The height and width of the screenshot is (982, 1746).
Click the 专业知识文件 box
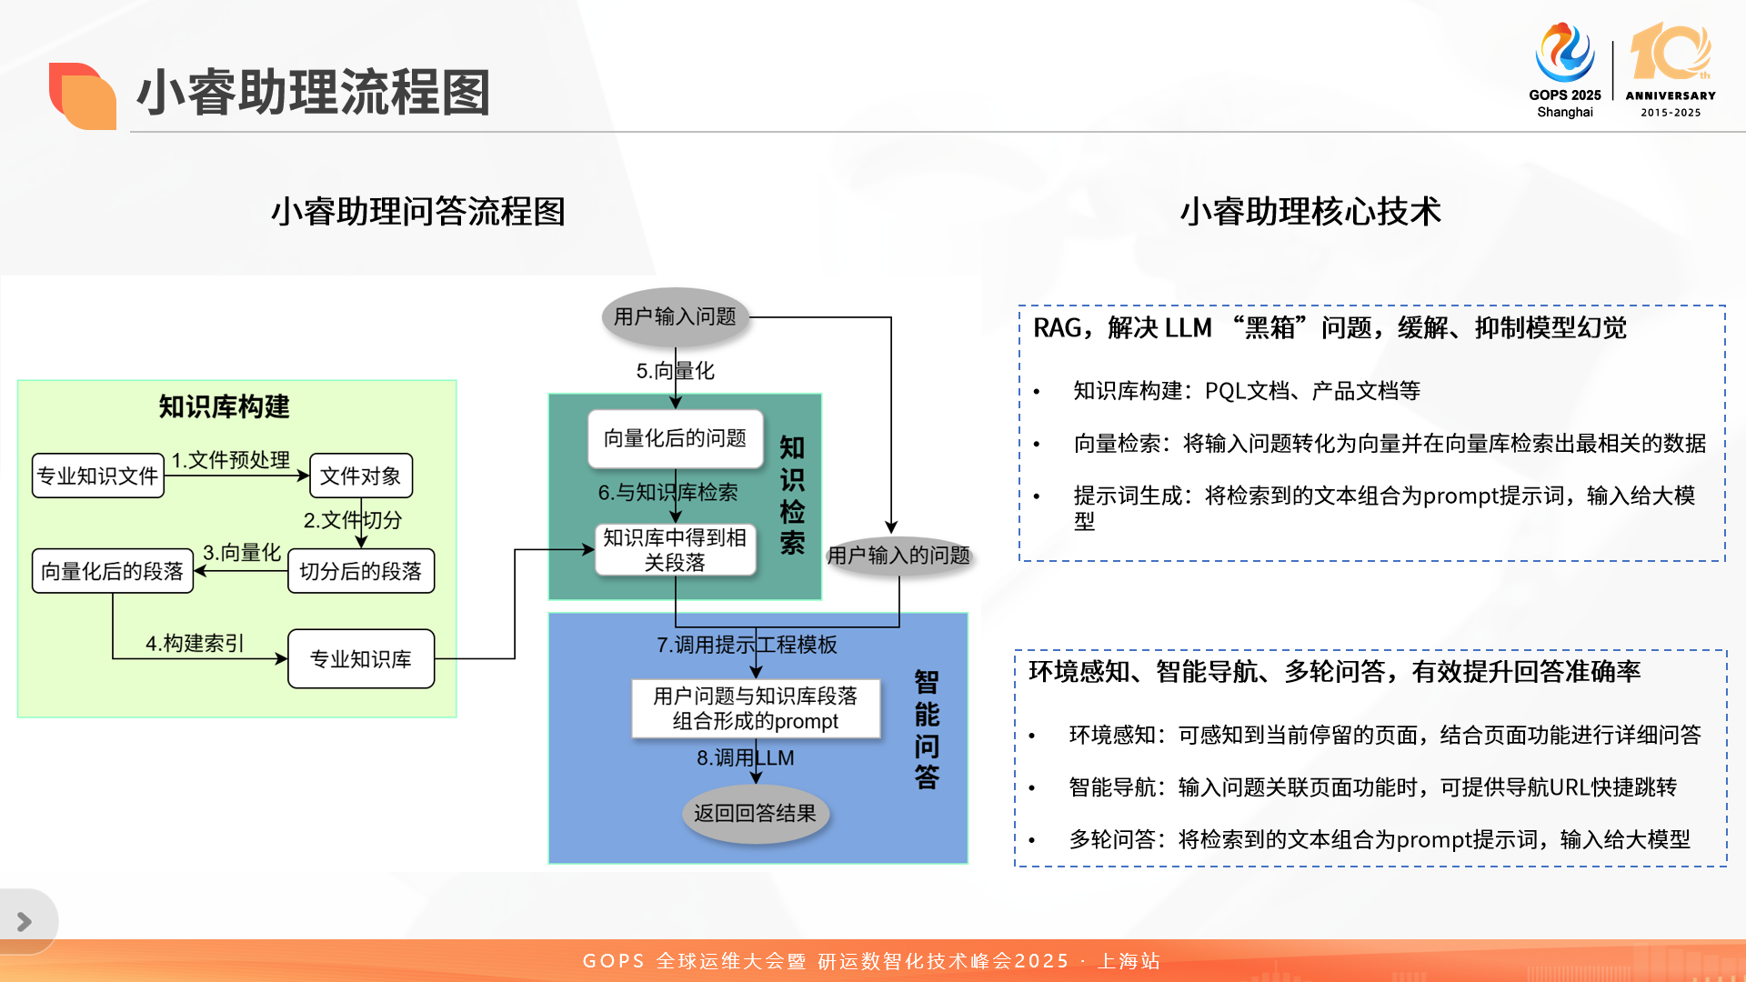click(x=98, y=476)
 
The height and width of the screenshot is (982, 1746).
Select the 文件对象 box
click(x=361, y=476)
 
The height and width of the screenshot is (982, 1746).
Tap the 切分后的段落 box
click(x=361, y=571)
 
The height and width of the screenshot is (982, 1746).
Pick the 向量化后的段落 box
click(x=113, y=571)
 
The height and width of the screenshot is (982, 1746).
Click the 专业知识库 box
click(x=361, y=658)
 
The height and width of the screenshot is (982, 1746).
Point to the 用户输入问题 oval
click(x=675, y=316)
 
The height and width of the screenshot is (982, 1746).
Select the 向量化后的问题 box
click(x=675, y=438)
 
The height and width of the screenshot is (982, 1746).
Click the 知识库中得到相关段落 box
click(x=675, y=550)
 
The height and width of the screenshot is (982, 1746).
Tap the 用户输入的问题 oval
click(x=898, y=555)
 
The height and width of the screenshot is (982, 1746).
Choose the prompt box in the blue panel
click(x=756, y=708)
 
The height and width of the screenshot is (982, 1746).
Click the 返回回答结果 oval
click(x=756, y=813)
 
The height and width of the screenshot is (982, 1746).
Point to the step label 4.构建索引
click(x=195, y=644)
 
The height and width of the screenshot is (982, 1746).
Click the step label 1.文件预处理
click(x=231, y=460)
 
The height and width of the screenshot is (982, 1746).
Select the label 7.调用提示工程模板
click(x=747, y=645)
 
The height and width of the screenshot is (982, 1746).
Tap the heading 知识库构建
click(x=224, y=406)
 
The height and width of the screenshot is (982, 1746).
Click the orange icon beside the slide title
click(x=82, y=95)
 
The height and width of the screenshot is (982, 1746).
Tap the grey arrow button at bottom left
click(x=25, y=922)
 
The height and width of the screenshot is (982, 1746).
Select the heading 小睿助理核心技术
click(x=1310, y=212)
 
